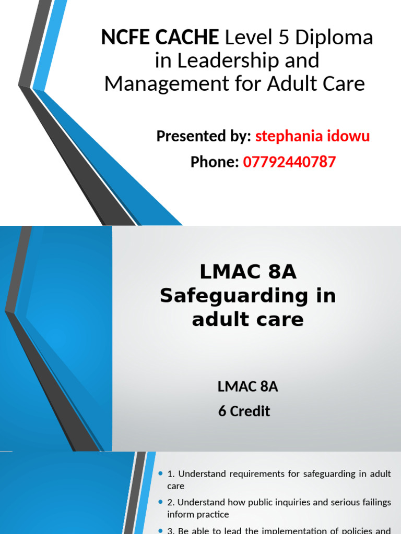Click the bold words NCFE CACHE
160,38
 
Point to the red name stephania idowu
312,137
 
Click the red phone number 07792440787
289,162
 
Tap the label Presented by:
204,137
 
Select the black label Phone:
215,162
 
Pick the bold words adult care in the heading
247,319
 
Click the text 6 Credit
244,411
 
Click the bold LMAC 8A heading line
248,273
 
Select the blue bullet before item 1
160,474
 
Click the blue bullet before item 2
160,502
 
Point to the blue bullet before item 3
160,530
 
